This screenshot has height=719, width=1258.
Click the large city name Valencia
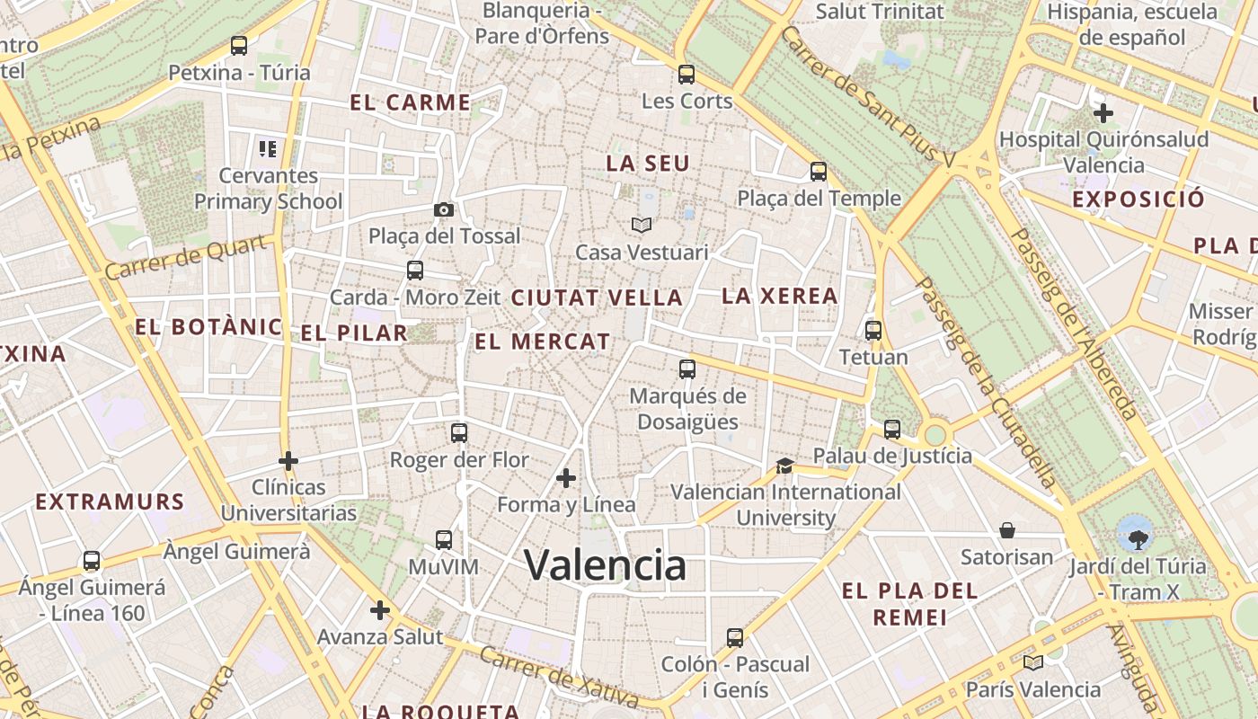pos(606,565)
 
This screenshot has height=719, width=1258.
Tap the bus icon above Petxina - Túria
pos(239,45)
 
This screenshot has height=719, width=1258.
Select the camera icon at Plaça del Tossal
pos(443,209)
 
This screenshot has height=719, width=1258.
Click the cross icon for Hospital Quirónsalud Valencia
pos(1103,113)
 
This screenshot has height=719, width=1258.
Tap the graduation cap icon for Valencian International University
pos(784,466)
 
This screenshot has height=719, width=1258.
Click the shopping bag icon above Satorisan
pos(1006,530)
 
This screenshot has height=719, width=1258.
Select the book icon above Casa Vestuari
pos(640,225)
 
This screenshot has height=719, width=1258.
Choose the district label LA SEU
pos(648,164)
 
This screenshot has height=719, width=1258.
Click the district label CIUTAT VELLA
pos(597,298)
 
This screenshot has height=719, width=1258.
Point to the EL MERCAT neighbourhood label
pos(543,342)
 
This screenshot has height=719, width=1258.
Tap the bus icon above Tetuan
pos(873,331)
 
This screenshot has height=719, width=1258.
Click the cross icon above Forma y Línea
pos(566,477)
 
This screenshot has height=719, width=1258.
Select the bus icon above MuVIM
pos(444,540)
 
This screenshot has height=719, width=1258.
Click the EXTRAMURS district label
pos(110,502)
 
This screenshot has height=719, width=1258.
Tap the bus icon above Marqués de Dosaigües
pos(687,368)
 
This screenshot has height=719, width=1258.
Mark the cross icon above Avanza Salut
pos(380,610)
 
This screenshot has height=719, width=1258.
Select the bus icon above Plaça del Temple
pos(819,171)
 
